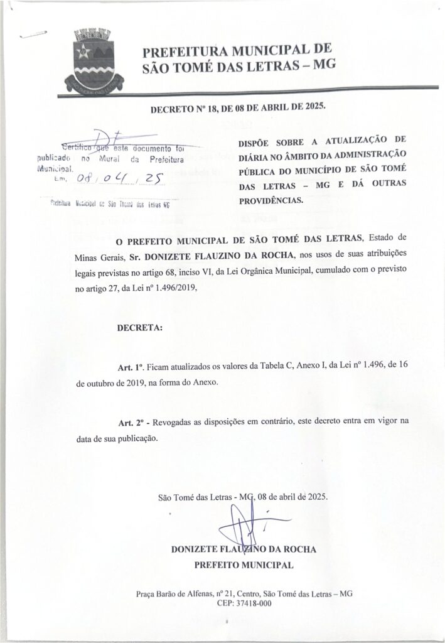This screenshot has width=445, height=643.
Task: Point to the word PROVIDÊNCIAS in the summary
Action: [x=271, y=201]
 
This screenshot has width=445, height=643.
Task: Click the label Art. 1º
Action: [x=131, y=367]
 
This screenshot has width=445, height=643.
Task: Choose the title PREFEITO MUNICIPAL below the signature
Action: [x=244, y=565]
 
